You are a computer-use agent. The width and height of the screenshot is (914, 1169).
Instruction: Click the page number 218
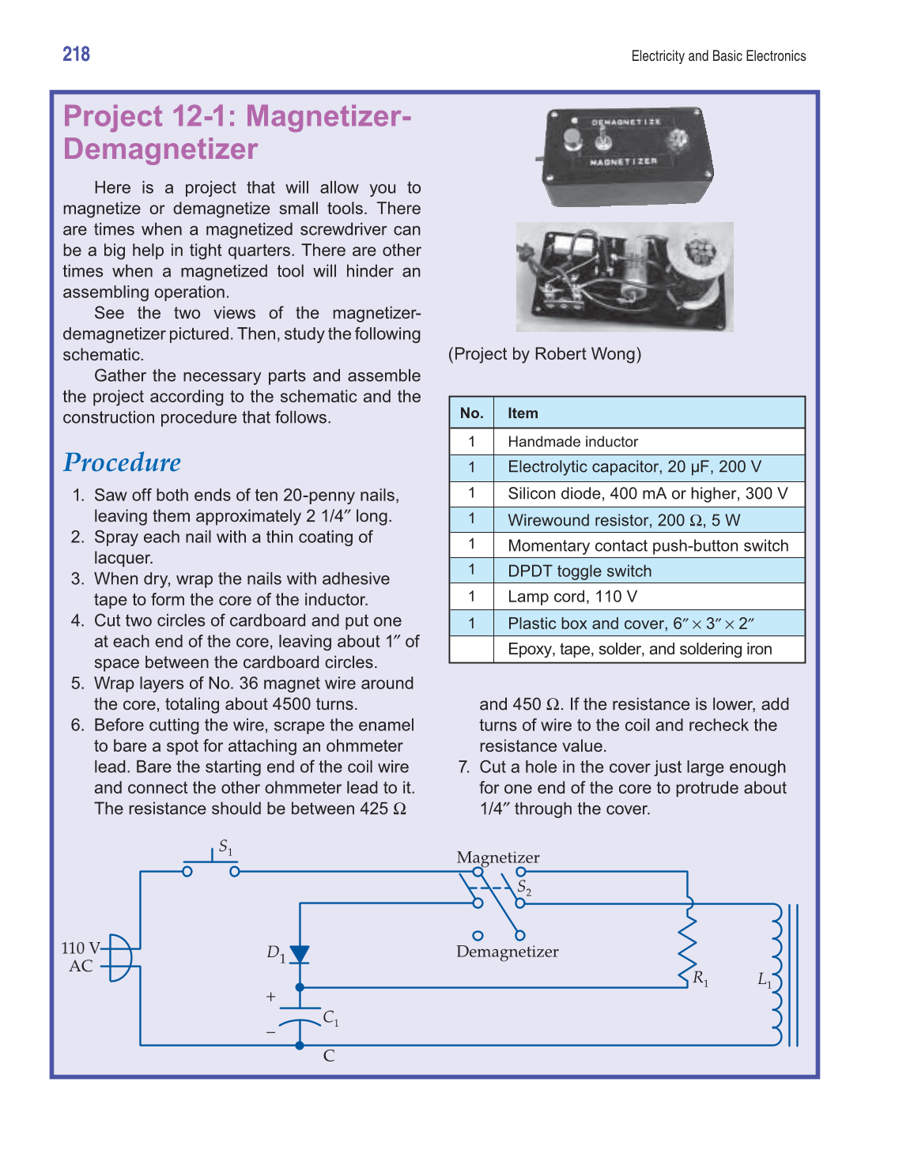pyautogui.click(x=76, y=54)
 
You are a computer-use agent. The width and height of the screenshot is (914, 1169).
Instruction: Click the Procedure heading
pyautogui.click(x=122, y=462)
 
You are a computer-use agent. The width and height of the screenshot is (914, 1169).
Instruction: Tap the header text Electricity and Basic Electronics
pyautogui.click(x=718, y=56)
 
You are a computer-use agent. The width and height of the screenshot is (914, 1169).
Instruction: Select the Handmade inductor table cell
pyautogui.click(x=572, y=441)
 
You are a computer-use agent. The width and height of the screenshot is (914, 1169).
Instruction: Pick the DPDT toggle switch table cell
pyautogui.click(x=580, y=571)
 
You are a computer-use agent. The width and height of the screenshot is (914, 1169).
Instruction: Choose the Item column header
pyautogui.click(x=523, y=413)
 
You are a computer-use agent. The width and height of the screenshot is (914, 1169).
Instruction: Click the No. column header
pyautogui.click(x=471, y=413)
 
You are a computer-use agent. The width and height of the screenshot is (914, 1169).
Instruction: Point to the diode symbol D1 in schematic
pyautogui.click(x=300, y=955)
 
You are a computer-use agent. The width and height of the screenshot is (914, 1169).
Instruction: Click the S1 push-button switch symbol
pyautogui.click(x=211, y=865)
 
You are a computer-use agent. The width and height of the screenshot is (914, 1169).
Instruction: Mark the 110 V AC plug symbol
pyautogui.click(x=119, y=957)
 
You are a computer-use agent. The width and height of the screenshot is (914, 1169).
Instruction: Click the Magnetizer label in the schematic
pyautogui.click(x=497, y=858)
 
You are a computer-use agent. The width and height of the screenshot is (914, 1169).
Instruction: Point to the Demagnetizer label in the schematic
pyautogui.click(x=507, y=952)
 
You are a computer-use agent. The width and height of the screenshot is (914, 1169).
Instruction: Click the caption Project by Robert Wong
pyautogui.click(x=545, y=354)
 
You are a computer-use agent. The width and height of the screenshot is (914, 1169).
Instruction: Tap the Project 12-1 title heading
pyautogui.click(x=236, y=133)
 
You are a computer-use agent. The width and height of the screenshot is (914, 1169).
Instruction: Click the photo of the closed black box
pyautogui.click(x=627, y=156)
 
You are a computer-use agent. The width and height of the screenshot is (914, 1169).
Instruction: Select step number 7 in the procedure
pyautogui.click(x=464, y=767)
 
